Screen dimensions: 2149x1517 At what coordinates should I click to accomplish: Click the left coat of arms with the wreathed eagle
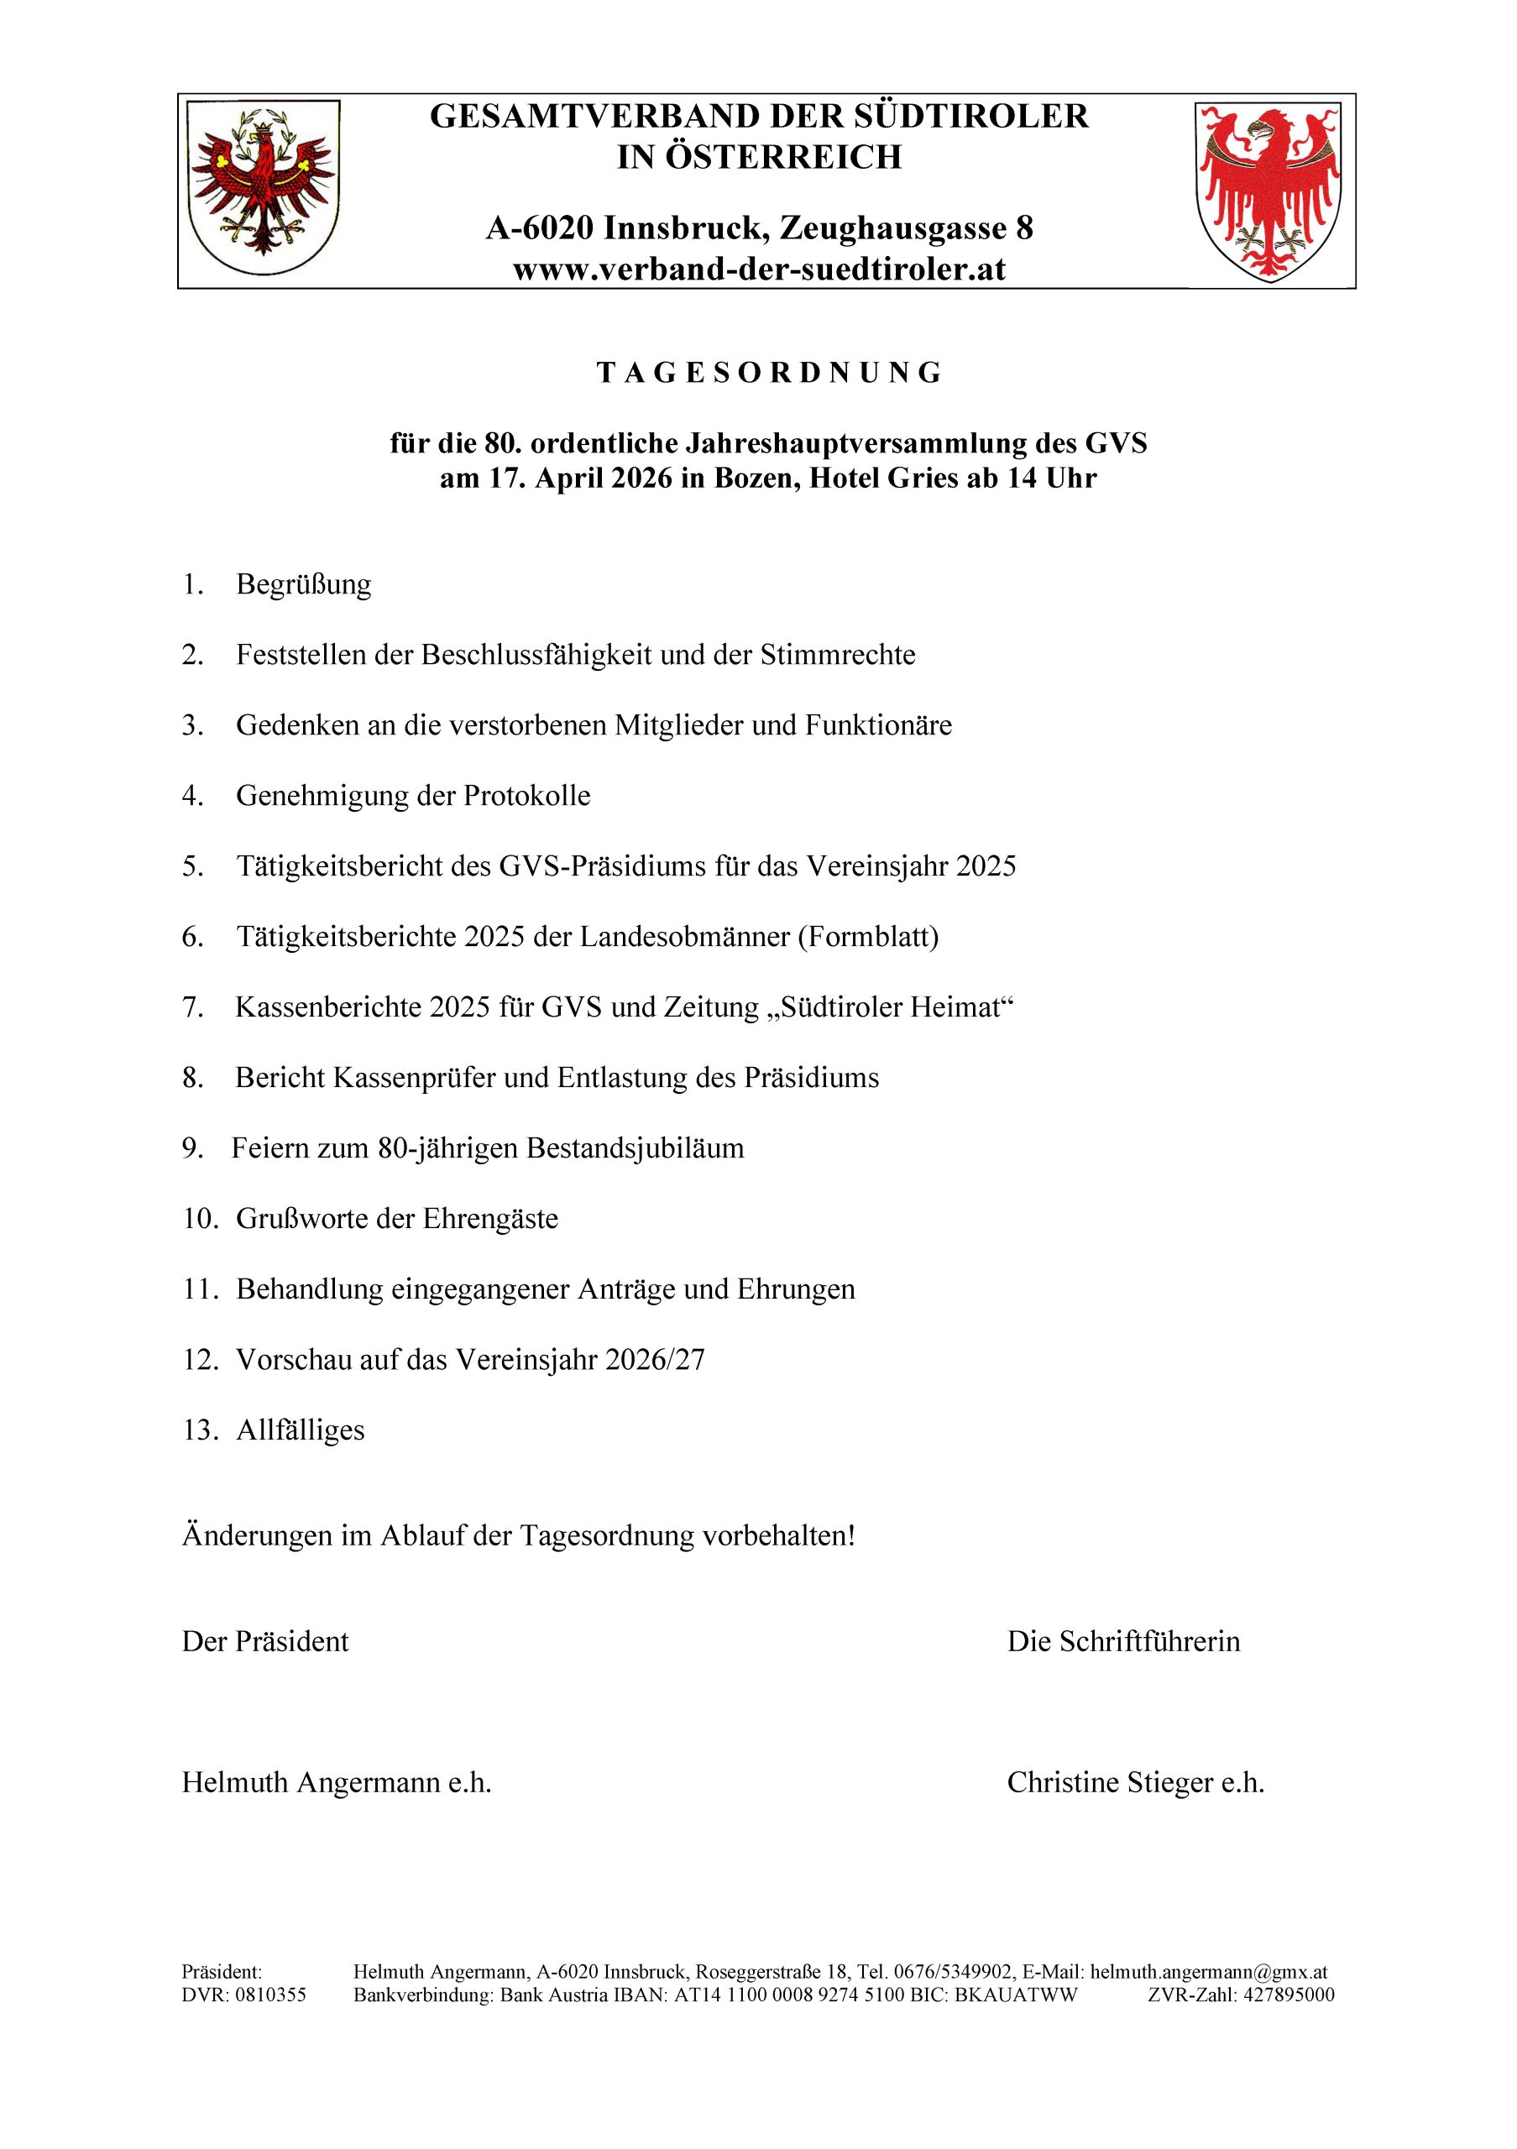point(263,188)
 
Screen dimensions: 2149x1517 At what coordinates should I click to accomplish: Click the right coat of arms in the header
point(1268,190)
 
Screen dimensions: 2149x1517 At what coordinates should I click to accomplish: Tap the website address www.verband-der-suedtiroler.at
point(759,269)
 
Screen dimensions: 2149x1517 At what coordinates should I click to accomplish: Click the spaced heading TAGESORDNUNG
point(768,373)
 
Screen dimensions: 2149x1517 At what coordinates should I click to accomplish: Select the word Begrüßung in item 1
point(303,585)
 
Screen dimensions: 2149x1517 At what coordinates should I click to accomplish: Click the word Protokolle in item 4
point(527,797)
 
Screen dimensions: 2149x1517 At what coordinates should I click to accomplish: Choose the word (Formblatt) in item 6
point(867,937)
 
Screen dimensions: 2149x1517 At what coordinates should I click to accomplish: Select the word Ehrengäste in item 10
point(489,1220)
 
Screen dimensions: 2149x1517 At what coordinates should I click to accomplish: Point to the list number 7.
point(192,1008)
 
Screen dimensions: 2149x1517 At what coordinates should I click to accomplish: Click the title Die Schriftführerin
point(1123,1642)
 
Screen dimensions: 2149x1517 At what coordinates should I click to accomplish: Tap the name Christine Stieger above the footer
point(1109,1783)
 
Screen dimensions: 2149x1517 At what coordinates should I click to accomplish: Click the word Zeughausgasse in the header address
point(892,228)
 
